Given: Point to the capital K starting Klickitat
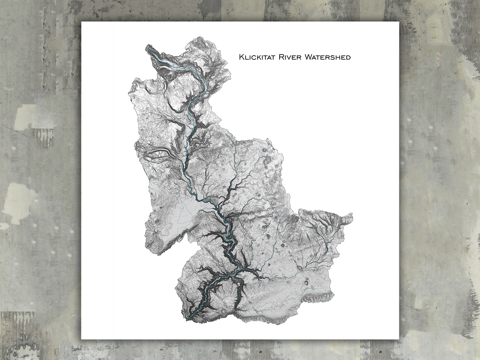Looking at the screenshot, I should [x=242, y=57].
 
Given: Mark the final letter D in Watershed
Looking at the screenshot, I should [x=348, y=58].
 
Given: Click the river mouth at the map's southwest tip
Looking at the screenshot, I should [x=187, y=319].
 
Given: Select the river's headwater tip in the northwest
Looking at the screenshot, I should [x=148, y=47].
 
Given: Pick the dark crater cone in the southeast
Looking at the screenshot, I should [x=307, y=283].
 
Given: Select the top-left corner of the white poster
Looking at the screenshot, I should [x=82, y=22].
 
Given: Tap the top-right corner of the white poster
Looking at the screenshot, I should [x=399, y=22].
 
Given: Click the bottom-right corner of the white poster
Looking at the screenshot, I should [x=399, y=339].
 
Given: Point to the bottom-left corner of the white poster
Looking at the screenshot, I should [x=82, y=339].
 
